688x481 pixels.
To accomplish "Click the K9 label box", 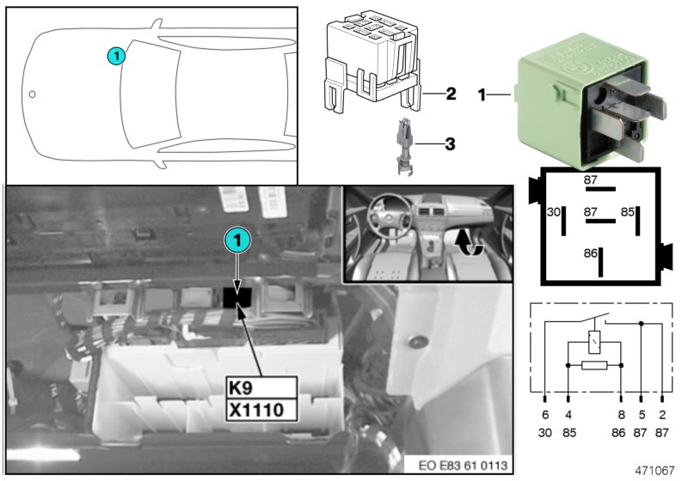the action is [x=262, y=387].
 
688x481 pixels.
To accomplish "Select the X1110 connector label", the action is [x=262, y=411].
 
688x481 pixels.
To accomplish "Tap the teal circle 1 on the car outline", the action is [x=116, y=56].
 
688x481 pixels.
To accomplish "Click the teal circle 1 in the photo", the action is [x=237, y=240].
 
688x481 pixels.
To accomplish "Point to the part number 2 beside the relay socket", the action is [x=451, y=94].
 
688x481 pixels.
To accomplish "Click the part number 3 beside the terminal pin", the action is [x=450, y=143].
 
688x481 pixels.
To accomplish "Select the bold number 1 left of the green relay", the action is [x=482, y=94].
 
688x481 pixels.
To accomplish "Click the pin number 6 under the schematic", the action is [x=545, y=414].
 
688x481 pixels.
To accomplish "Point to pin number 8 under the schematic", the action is [x=621, y=414].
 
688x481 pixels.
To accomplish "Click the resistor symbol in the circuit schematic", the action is [x=594, y=365].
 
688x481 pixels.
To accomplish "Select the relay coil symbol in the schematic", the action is [x=594, y=342].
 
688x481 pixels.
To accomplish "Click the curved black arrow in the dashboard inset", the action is [x=468, y=244].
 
